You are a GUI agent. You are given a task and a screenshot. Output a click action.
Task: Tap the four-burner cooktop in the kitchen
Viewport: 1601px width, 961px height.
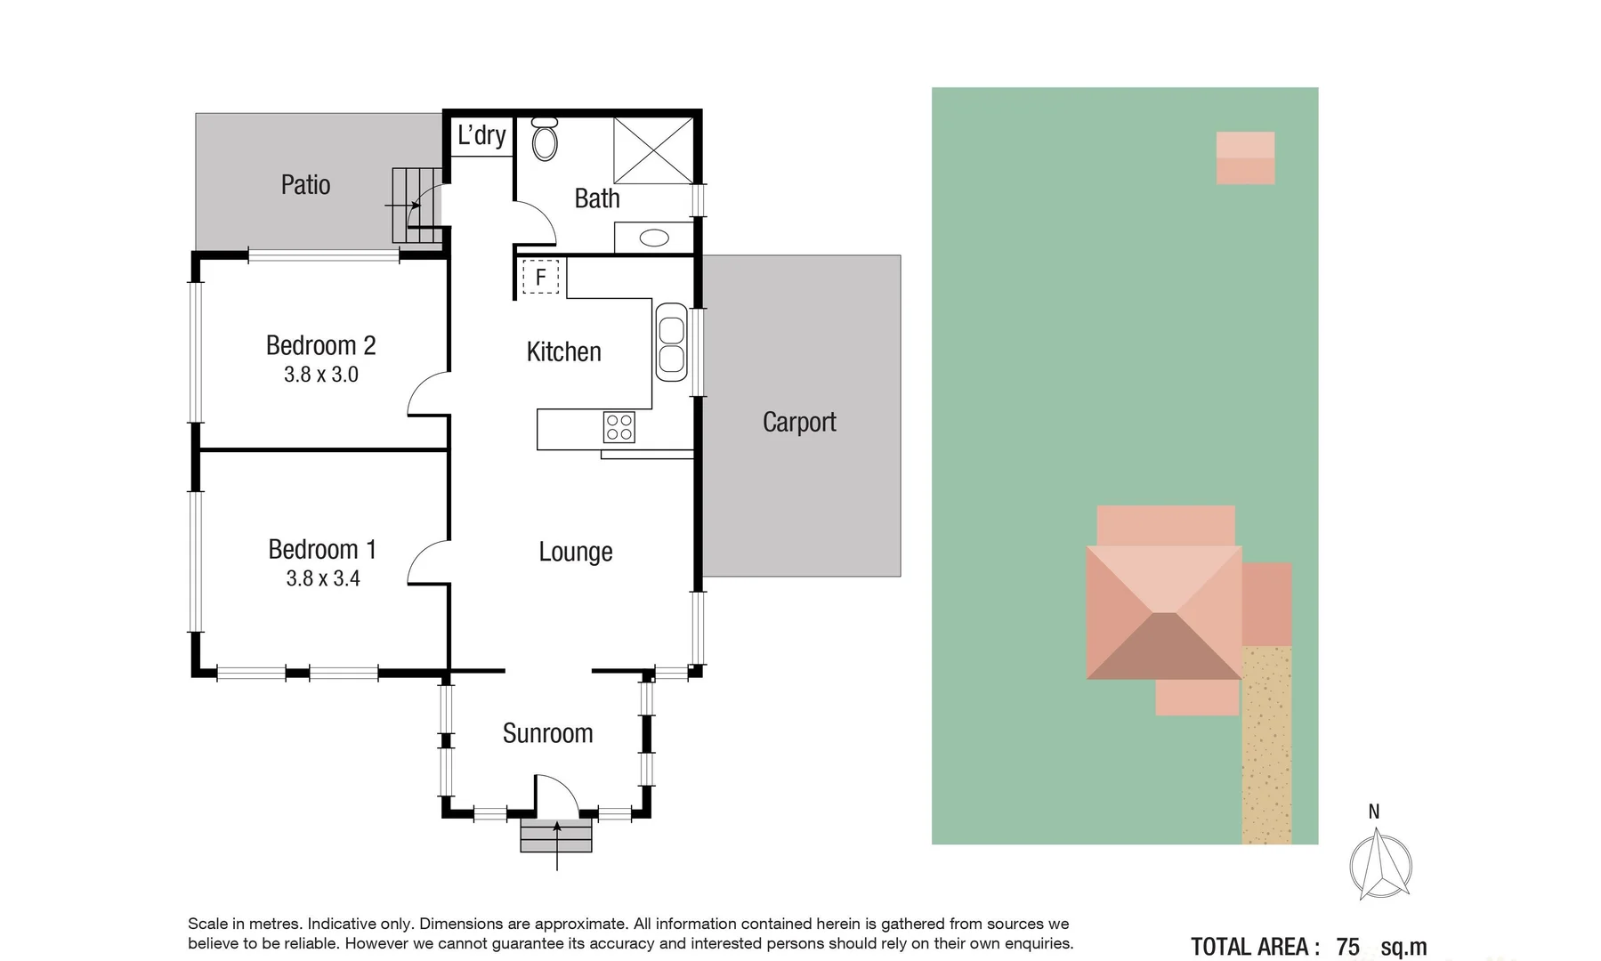tap(619, 427)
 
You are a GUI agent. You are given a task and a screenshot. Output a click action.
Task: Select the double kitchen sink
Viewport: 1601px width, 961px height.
tap(671, 343)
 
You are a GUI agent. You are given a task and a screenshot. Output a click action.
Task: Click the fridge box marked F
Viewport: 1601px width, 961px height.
tap(540, 277)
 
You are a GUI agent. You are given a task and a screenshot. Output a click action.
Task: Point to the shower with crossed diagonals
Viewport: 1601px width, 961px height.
tap(653, 150)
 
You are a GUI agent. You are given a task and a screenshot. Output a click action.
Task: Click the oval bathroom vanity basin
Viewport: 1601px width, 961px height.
tap(655, 238)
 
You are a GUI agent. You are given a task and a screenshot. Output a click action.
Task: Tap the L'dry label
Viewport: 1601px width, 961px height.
tap(481, 135)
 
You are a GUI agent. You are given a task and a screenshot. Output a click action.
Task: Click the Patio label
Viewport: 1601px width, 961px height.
tap(305, 185)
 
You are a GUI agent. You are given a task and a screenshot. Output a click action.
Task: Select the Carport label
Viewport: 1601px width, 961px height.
tap(799, 422)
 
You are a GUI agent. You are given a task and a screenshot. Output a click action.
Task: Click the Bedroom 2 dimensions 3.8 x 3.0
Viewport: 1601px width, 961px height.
tap(320, 375)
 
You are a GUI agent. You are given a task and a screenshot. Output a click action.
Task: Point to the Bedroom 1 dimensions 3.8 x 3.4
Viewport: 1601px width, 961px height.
tap(322, 578)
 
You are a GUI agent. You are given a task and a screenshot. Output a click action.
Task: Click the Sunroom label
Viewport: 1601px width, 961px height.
tap(547, 733)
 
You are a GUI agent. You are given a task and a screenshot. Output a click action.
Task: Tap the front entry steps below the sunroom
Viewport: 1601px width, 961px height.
tap(556, 836)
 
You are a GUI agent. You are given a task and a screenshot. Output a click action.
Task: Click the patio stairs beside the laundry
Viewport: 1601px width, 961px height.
tap(416, 206)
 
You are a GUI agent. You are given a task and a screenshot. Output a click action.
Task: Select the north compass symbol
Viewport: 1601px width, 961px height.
tap(1379, 862)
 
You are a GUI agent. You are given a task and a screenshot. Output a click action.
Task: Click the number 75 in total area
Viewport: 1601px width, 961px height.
tap(1347, 947)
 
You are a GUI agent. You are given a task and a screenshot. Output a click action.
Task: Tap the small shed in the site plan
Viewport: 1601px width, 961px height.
tap(1245, 158)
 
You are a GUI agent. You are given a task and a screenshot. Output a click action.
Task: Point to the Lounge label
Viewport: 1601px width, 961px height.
tap(575, 552)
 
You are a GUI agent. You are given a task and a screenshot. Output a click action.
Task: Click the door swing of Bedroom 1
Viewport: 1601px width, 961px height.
tap(427, 562)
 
